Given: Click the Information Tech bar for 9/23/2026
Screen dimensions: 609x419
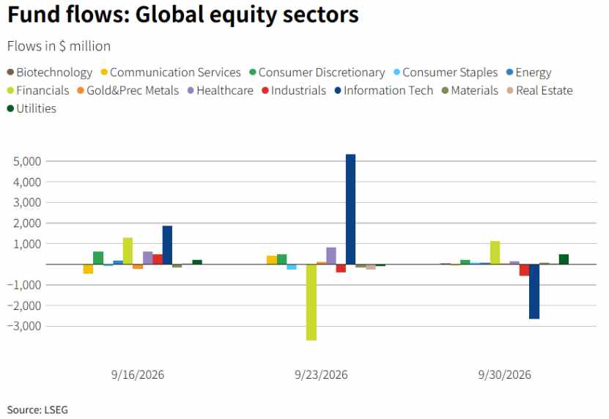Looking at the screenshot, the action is click(350, 209).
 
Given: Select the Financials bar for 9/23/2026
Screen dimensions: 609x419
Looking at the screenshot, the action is click(311, 302).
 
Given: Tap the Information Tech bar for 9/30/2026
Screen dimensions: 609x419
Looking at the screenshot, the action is click(534, 292).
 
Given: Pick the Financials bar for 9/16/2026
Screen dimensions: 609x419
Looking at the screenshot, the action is click(128, 251).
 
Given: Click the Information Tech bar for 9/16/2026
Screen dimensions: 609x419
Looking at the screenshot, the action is click(167, 245).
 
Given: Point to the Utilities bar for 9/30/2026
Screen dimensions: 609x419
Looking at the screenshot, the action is click(564, 259).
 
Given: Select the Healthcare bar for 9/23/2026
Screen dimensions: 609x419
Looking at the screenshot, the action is click(331, 256).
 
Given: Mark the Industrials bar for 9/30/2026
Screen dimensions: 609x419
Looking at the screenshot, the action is click(524, 270).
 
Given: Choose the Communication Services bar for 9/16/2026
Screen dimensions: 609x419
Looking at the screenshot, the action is click(88, 269).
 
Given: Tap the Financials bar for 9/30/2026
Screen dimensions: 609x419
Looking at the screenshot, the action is click(495, 253).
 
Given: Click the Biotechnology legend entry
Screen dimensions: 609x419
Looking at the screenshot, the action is click(50, 73).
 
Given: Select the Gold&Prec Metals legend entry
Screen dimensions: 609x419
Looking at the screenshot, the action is click(128, 91).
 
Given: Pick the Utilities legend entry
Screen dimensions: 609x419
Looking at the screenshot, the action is click(32, 108).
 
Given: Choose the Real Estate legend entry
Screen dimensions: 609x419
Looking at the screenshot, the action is click(540, 91).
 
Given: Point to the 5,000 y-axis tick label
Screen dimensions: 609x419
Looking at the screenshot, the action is click(27, 161).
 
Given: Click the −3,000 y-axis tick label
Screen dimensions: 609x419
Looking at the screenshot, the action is click(24, 326).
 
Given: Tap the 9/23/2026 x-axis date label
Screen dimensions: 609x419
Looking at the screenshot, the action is click(321, 375).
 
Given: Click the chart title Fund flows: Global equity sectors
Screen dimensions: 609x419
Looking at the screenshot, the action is click(183, 15).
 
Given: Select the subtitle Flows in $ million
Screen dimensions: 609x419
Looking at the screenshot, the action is click(59, 46).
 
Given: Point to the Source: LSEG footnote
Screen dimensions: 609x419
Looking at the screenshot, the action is click(37, 409).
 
